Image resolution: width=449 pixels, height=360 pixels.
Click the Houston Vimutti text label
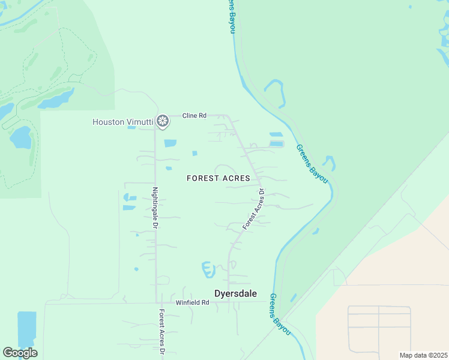[x=122, y=122]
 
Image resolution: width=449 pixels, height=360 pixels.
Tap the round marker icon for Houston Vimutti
[x=162, y=122]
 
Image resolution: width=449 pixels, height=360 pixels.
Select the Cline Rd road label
[x=194, y=115]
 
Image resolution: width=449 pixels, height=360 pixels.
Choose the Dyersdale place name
[x=236, y=293]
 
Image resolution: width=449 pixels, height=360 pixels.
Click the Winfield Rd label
[x=192, y=302]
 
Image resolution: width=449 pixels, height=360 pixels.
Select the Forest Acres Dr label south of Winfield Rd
[x=161, y=333]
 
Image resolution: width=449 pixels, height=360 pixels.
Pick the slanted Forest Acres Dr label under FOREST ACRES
[x=254, y=209]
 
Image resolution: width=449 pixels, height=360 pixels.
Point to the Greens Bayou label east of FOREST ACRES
[x=312, y=163]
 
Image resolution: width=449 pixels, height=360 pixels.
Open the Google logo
[x=20, y=353]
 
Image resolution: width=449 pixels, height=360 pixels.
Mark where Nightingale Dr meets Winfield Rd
[x=157, y=302]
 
